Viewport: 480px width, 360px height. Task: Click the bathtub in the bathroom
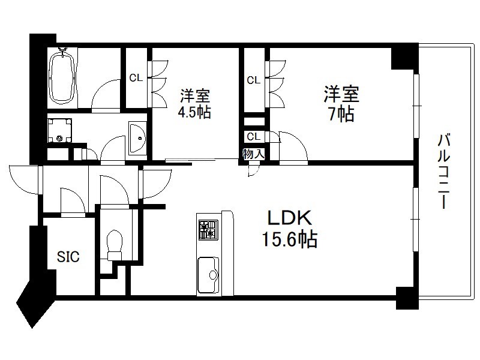pyautogui.click(x=63, y=77)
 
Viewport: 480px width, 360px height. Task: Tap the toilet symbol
pyautogui.click(x=115, y=245)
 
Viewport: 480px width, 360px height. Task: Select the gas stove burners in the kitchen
pyautogui.click(x=208, y=230)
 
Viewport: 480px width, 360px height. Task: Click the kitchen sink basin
pyautogui.click(x=208, y=275)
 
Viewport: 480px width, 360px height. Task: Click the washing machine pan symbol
pyautogui.click(x=61, y=131)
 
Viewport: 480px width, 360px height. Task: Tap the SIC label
pyautogui.click(x=68, y=257)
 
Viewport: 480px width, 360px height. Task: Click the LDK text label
pyautogui.click(x=290, y=218)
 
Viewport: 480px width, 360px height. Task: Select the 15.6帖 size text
pyautogui.click(x=290, y=239)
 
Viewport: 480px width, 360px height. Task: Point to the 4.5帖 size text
pyautogui.click(x=194, y=112)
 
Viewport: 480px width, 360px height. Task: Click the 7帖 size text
pyautogui.click(x=341, y=114)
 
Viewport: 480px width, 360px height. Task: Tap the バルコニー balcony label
pyautogui.click(x=444, y=171)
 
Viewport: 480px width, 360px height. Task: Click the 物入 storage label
pyautogui.click(x=254, y=154)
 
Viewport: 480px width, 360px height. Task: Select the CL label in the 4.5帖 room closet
pyautogui.click(x=136, y=78)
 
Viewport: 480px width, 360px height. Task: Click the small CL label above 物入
pyautogui.click(x=253, y=137)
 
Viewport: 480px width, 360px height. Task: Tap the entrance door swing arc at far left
pyautogui.click(x=24, y=179)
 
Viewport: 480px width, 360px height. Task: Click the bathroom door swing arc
pyautogui.click(x=106, y=94)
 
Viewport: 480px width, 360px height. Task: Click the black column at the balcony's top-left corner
pyautogui.click(x=404, y=59)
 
